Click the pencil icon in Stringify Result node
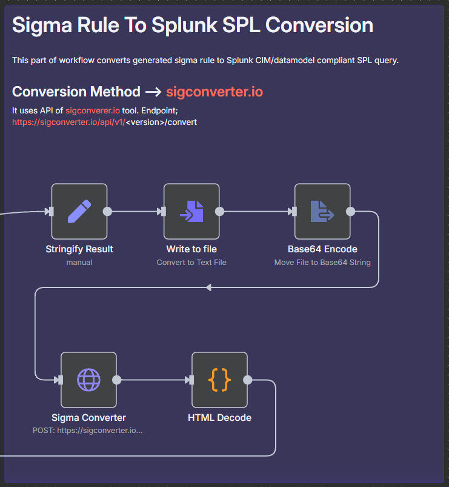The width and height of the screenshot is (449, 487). (x=79, y=211)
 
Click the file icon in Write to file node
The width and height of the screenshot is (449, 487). (x=191, y=211)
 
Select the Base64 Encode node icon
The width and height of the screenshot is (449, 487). (x=322, y=211)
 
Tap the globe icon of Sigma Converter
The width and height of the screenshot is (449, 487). (x=88, y=380)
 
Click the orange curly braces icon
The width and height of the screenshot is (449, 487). (x=220, y=380)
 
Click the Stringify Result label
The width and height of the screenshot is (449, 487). (x=79, y=249)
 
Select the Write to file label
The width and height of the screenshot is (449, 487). (x=191, y=249)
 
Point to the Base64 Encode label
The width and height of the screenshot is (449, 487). (x=322, y=249)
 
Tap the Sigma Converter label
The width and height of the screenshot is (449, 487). (x=88, y=418)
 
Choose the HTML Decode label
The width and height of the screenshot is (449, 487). (x=220, y=418)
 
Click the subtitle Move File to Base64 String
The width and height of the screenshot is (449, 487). (x=322, y=263)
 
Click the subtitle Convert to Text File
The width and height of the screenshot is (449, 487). (x=191, y=263)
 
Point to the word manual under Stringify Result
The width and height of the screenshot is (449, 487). (x=79, y=263)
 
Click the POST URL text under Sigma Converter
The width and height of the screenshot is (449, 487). (x=88, y=431)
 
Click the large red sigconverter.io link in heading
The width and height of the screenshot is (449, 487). (x=215, y=92)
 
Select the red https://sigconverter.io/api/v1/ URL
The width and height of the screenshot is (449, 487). (x=68, y=123)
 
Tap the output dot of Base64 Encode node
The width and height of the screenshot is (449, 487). (x=350, y=211)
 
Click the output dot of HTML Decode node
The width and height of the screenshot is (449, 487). (x=248, y=380)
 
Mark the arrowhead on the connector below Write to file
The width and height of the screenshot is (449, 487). (x=209, y=287)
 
